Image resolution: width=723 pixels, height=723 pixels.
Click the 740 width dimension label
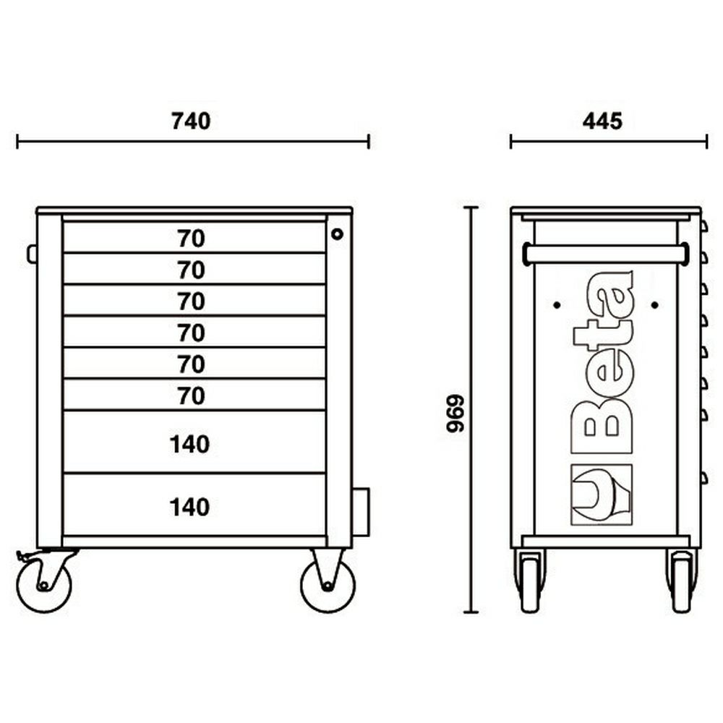(x=191, y=121)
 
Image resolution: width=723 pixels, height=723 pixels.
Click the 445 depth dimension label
(x=602, y=121)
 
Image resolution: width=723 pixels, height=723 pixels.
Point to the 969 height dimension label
(x=455, y=413)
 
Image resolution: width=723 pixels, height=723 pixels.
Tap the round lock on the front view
(x=337, y=234)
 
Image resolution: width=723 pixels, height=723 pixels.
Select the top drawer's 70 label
(x=191, y=239)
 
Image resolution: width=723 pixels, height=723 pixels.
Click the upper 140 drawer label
(x=189, y=445)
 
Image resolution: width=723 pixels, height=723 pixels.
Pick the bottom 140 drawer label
(x=189, y=508)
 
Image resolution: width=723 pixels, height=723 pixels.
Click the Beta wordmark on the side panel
(x=602, y=362)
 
